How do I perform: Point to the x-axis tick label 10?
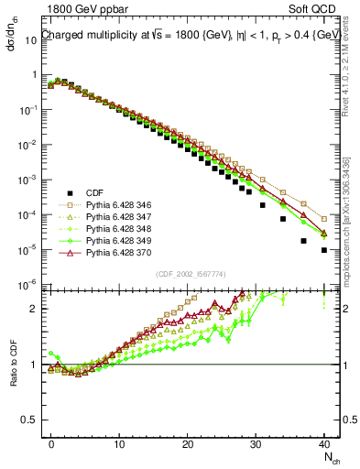click(119, 442)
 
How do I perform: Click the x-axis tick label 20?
click(187, 442)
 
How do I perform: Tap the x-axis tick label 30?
click(256, 442)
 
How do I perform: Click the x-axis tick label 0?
click(51, 442)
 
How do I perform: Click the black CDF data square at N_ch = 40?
click(324, 249)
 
